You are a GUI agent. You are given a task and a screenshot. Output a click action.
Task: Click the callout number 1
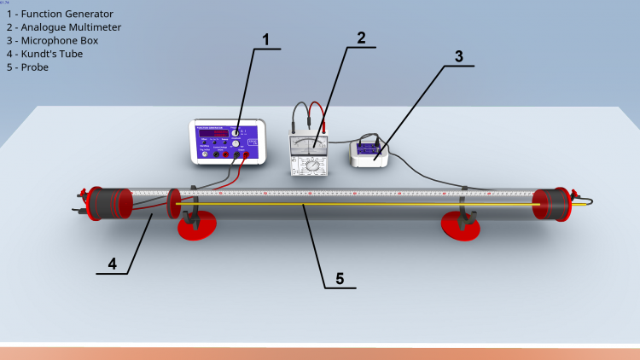(x=265, y=39)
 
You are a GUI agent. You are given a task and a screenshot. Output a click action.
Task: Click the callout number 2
(x=361, y=38)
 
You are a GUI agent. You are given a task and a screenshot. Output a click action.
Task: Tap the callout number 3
(x=458, y=57)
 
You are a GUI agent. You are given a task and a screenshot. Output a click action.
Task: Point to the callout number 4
(x=112, y=264)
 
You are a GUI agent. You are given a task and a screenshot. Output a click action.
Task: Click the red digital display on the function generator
(x=212, y=133)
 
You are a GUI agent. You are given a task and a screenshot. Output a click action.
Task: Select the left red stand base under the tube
(x=196, y=226)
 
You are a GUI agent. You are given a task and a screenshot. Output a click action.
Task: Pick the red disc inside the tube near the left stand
(x=173, y=205)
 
